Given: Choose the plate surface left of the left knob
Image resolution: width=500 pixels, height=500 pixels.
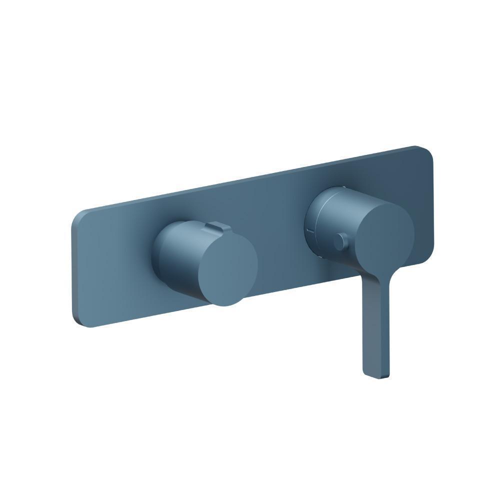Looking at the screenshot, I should coord(115,265).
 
